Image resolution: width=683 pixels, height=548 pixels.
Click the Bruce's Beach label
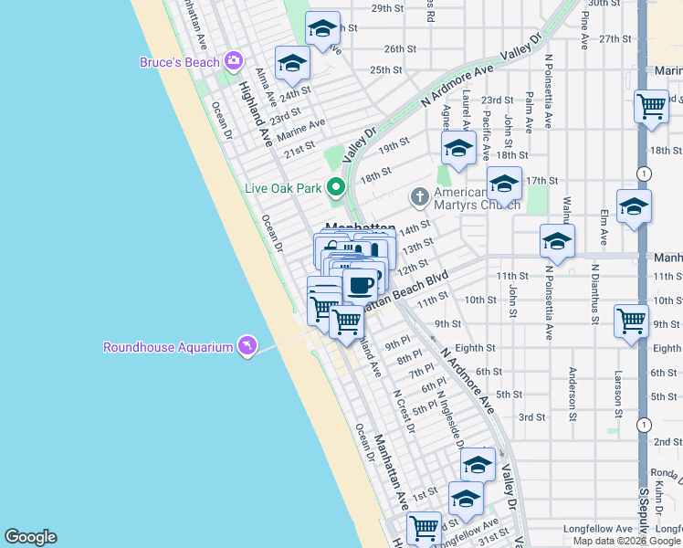[180, 62]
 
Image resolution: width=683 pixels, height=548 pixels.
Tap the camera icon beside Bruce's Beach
[234, 61]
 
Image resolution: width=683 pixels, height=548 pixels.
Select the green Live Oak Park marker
[336, 189]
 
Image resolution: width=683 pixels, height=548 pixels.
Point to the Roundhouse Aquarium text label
[167, 347]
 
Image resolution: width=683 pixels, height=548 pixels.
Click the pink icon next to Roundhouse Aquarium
[246, 346]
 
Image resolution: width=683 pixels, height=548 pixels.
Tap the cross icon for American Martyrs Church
[420, 195]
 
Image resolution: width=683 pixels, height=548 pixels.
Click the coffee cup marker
[361, 284]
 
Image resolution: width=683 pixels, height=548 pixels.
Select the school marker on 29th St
[321, 30]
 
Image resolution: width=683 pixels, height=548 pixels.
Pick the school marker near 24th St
[292, 64]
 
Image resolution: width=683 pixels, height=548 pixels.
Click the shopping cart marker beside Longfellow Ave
[425, 529]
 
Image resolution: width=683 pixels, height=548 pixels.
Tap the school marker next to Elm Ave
[633, 207]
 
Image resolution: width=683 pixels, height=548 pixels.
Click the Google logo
[30, 537]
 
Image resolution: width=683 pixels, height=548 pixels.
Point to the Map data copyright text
[625, 541]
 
